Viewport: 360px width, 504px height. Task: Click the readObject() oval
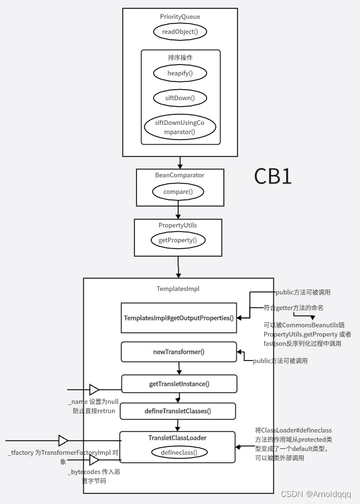181,32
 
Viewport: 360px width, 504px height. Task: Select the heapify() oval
181,73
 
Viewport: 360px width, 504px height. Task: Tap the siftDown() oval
181,97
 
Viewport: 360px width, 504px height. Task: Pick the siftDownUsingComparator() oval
180,127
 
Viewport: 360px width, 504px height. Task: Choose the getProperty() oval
178,240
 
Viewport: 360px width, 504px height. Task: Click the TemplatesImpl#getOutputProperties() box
179,318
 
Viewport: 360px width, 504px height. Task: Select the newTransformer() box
179,352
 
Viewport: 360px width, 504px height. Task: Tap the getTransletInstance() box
179,384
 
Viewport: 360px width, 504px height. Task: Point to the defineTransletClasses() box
178,411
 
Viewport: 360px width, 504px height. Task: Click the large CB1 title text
273,176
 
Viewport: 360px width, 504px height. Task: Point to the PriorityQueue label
180,17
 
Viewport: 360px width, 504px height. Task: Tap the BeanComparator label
180,175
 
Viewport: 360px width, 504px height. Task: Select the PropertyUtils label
178,224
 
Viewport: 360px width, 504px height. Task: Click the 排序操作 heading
180,57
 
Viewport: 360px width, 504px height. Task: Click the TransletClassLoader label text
177,437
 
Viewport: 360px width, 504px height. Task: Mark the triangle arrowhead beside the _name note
94,389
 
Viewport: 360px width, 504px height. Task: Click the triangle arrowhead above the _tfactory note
63,440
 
